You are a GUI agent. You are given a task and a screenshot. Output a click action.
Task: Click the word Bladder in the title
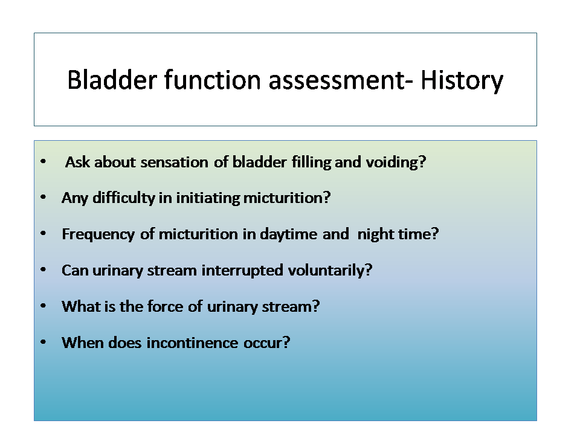point(112,80)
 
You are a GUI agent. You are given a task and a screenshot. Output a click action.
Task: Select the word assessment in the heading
point(337,80)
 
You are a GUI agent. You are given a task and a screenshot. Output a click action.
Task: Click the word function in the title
point(213,80)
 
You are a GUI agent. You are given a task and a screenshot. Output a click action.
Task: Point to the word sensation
point(174,162)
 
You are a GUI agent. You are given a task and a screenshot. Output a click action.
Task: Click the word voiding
point(395,163)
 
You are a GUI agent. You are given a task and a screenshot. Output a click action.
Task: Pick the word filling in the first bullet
point(311,163)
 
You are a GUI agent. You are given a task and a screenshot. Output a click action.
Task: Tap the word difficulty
point(123,198)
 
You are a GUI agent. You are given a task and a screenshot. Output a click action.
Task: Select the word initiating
point(208,198)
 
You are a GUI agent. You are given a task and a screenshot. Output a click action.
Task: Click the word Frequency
point(98,234)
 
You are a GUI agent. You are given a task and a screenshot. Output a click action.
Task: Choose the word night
point(375,234)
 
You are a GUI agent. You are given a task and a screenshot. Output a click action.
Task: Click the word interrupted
point(242,271)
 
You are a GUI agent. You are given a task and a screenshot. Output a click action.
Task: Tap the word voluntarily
point(330,271)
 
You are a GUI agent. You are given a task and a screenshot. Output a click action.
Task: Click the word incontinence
point(192,343)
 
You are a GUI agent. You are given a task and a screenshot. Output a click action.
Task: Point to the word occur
point(266,343)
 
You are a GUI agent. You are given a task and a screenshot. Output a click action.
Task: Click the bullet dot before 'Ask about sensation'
point(43,161)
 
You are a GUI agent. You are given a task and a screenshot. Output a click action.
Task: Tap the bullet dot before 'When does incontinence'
point(43,342)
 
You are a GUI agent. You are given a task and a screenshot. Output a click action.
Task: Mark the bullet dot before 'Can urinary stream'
point(43,269)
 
